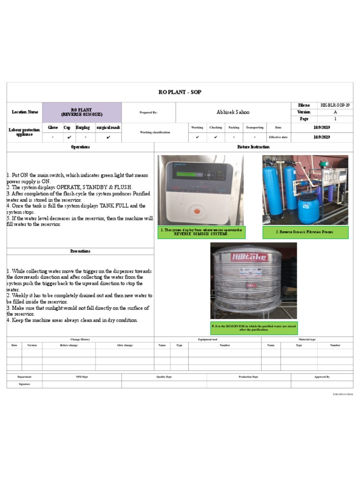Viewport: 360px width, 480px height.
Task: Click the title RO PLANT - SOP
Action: [180, 92]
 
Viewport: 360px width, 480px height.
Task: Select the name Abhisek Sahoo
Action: [233, 112]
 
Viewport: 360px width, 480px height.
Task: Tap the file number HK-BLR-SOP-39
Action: [335, 105]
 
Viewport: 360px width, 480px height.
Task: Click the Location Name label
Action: [25, 112]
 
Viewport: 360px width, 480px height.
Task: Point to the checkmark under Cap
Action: [69, 137]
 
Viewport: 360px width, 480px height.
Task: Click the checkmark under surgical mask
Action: [108, 137]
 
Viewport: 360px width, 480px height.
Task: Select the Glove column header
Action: [52, 127]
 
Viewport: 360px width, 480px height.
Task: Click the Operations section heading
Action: [80, 147]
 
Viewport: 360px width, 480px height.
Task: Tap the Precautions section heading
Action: [80, 251]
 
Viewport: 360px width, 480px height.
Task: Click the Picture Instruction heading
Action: [254, 147]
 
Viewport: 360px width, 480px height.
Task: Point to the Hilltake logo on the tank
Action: [247, 257]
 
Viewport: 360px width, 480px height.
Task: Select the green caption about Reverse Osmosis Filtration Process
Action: [305, 232]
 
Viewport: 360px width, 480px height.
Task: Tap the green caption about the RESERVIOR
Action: [254, 328]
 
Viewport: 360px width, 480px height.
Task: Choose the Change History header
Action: [80, 339]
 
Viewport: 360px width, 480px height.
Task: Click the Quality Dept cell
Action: [164, 377]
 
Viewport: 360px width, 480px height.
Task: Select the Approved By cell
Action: [322, 377]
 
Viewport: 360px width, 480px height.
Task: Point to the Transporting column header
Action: [255, 127]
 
